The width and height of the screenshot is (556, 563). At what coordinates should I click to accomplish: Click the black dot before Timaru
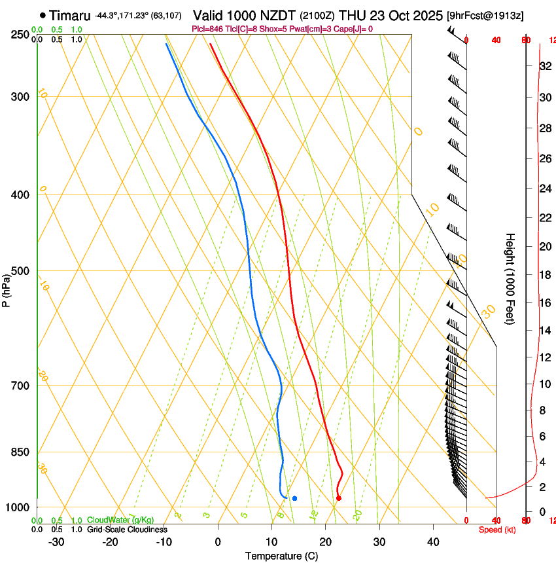tap(43, 15)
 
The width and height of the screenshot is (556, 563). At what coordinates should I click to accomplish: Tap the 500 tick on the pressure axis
tap(20, 271)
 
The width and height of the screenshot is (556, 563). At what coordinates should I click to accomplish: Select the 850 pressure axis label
tap(20, 452)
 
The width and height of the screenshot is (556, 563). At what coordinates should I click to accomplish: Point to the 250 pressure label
tap(20, 35)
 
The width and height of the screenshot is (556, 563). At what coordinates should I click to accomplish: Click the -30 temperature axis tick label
tap(56, 542)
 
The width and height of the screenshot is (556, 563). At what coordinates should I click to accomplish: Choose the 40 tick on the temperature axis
tap(433, 542)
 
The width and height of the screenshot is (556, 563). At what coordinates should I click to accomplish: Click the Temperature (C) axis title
tap(281, 556)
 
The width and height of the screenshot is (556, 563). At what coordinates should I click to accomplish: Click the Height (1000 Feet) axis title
tap(510, 279)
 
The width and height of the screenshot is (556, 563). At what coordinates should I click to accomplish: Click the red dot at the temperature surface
tap(338, 498)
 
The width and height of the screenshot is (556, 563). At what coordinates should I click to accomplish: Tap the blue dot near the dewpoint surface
tap(294, 499)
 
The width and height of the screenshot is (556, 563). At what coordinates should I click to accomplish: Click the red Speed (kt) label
tap(497, 530)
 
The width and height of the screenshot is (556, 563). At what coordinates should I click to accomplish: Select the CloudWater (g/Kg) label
tap(120, 520)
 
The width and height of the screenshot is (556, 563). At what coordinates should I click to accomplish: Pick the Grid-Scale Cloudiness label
tap(127, 530)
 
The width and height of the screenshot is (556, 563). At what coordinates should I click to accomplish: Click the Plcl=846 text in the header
tap(208, 29)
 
